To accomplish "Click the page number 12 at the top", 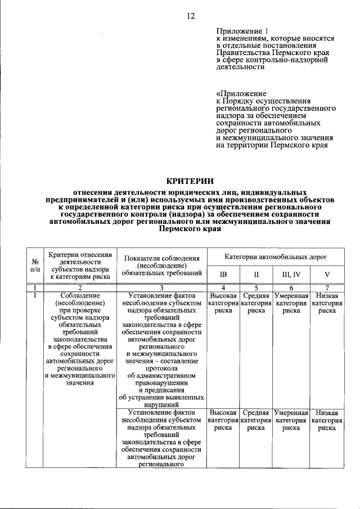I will [190, 16].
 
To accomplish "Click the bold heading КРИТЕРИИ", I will [190, 181].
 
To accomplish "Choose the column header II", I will [255, 274].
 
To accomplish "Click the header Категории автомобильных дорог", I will [276, 256].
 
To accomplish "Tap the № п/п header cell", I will [35, 265].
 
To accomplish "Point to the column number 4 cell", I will [223, 287].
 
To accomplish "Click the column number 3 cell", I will [161, 287].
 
